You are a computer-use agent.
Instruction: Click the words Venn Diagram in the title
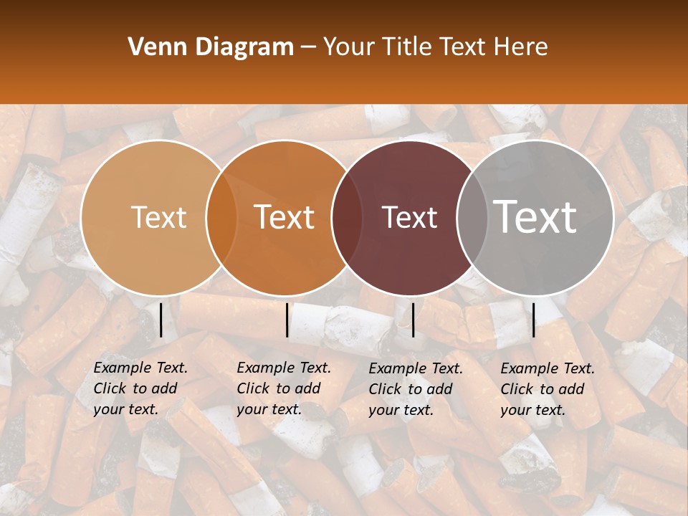pyautogui.click(x=210, y=47)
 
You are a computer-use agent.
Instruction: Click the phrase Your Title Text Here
pyautogui.click(x=435, y=47)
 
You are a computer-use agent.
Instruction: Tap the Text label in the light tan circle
pyautogui.click(x=158, y=218)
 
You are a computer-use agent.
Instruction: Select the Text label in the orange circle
pyautogui.click(x=285, y=217)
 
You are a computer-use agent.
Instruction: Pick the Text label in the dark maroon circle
pyautogui.click(x=409, y=218)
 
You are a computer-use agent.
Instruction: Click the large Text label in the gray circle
pyautogui.click(x=535, y=216)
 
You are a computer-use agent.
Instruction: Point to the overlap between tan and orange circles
pyautogui.click(x=221, y=218)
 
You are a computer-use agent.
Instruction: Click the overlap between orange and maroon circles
pyautogui.click(x=345, y=218)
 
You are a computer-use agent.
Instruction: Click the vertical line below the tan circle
pyautogui.click(x=161, y=320)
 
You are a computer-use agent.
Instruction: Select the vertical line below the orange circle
pyautogui.click(x=287, y=320)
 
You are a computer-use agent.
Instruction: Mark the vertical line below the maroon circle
pyautogui.click(x=414, y=320)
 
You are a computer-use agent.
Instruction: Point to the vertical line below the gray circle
pyautogui.click(x=533, y=320)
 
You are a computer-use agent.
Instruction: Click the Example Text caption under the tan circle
pyautogui.click(x=140, y=388)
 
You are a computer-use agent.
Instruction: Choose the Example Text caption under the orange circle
pyautogui.click(x=284, y=388)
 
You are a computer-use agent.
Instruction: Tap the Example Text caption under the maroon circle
pyautogui.click(x=416, y=389)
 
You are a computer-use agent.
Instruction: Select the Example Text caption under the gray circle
pyautogui.click(x=548, y=389)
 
